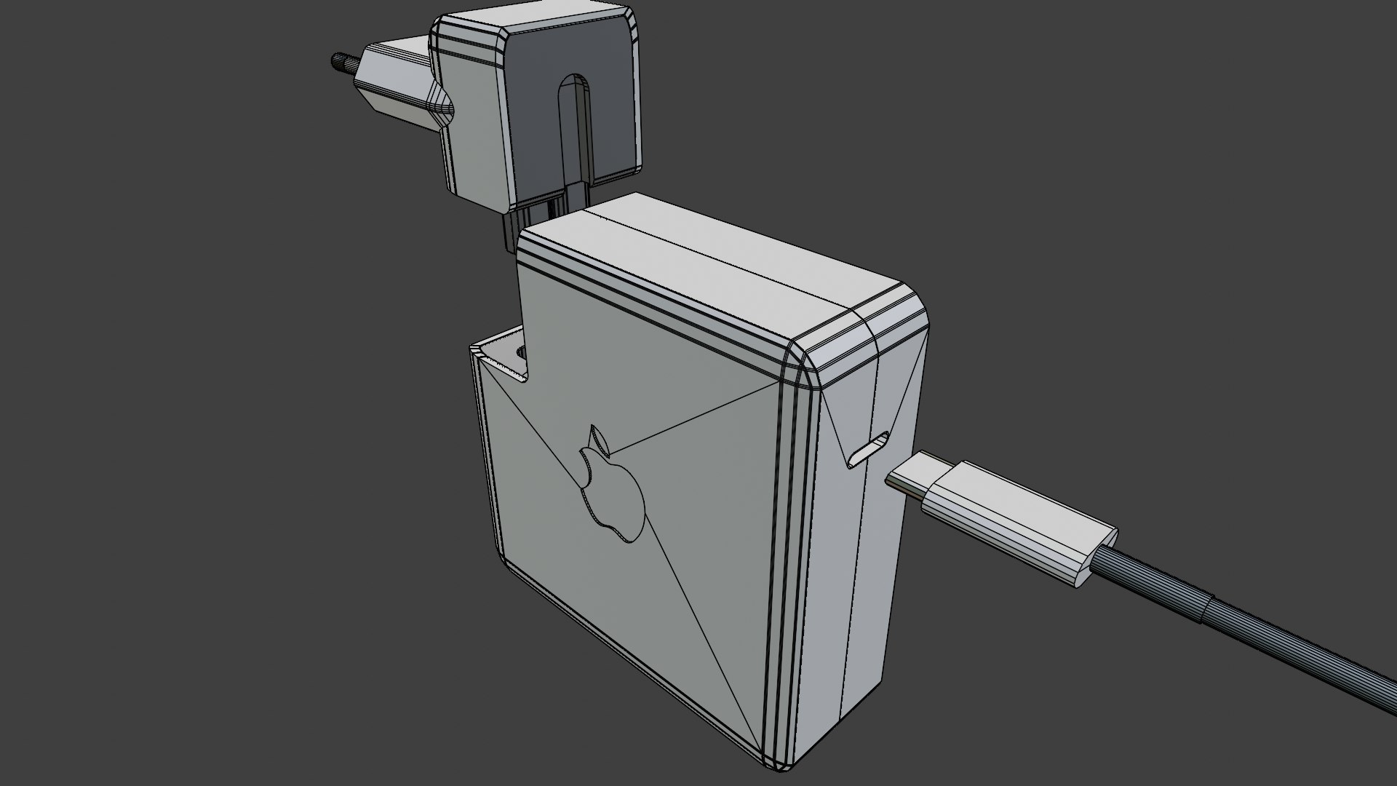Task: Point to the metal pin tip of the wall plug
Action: (340, 60)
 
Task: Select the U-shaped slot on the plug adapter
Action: (575, 124)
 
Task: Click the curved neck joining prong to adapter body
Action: (441, 102)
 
